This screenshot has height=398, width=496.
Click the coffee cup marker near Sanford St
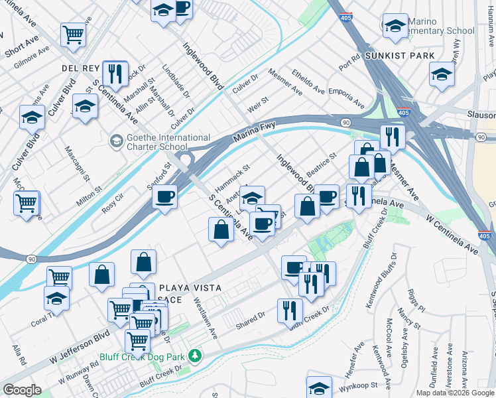click(x=164, y=196)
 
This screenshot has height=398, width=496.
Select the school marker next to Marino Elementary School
click(x=395, y=26)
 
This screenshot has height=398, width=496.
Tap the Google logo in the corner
click(x=22, y=390)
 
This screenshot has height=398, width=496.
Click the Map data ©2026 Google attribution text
click(x=456, y=393)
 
